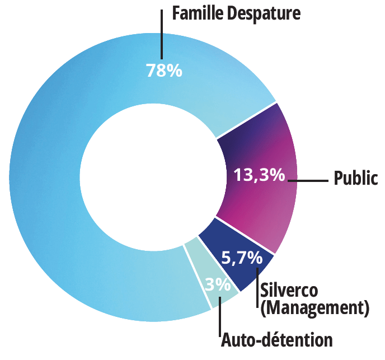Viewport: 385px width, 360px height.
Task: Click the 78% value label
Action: point(164,71)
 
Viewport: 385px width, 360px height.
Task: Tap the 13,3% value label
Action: point(259,175)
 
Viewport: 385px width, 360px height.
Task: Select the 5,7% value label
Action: point(242,258)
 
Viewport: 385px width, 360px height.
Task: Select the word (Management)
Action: point(316,307)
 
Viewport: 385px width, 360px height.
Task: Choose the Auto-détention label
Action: point(277,339)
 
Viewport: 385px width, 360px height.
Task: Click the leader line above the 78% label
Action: point(162,34)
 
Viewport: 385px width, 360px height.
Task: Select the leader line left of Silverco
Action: point(257,288)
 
